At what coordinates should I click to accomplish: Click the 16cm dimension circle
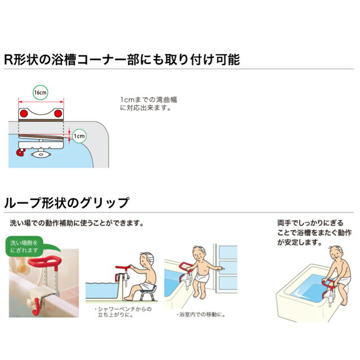tap(40, 92)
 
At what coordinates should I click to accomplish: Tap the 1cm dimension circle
tap(79, 136)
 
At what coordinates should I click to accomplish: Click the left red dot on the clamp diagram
tap(24, 114)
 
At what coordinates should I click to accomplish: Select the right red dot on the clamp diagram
tap(58, 114)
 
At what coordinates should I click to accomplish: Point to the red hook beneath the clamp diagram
tap(21, 152)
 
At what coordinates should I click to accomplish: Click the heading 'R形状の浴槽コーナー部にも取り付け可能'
tap(122, 60)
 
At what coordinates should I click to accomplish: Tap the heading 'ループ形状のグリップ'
tap(66, 202)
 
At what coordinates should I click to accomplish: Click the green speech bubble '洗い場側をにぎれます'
tap(25, 246)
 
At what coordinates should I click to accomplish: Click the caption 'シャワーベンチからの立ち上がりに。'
tap(123, 312)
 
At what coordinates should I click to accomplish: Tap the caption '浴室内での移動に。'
tap(201, 314)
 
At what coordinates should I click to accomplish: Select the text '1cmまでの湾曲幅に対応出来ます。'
tap(148, 103)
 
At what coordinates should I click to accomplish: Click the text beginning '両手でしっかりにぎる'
tap(314, 232)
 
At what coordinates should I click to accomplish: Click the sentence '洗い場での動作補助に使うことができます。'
tap(76, 223)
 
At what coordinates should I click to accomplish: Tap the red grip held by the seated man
tap(123, 268)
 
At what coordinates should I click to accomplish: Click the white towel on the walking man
tap(202, 277)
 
